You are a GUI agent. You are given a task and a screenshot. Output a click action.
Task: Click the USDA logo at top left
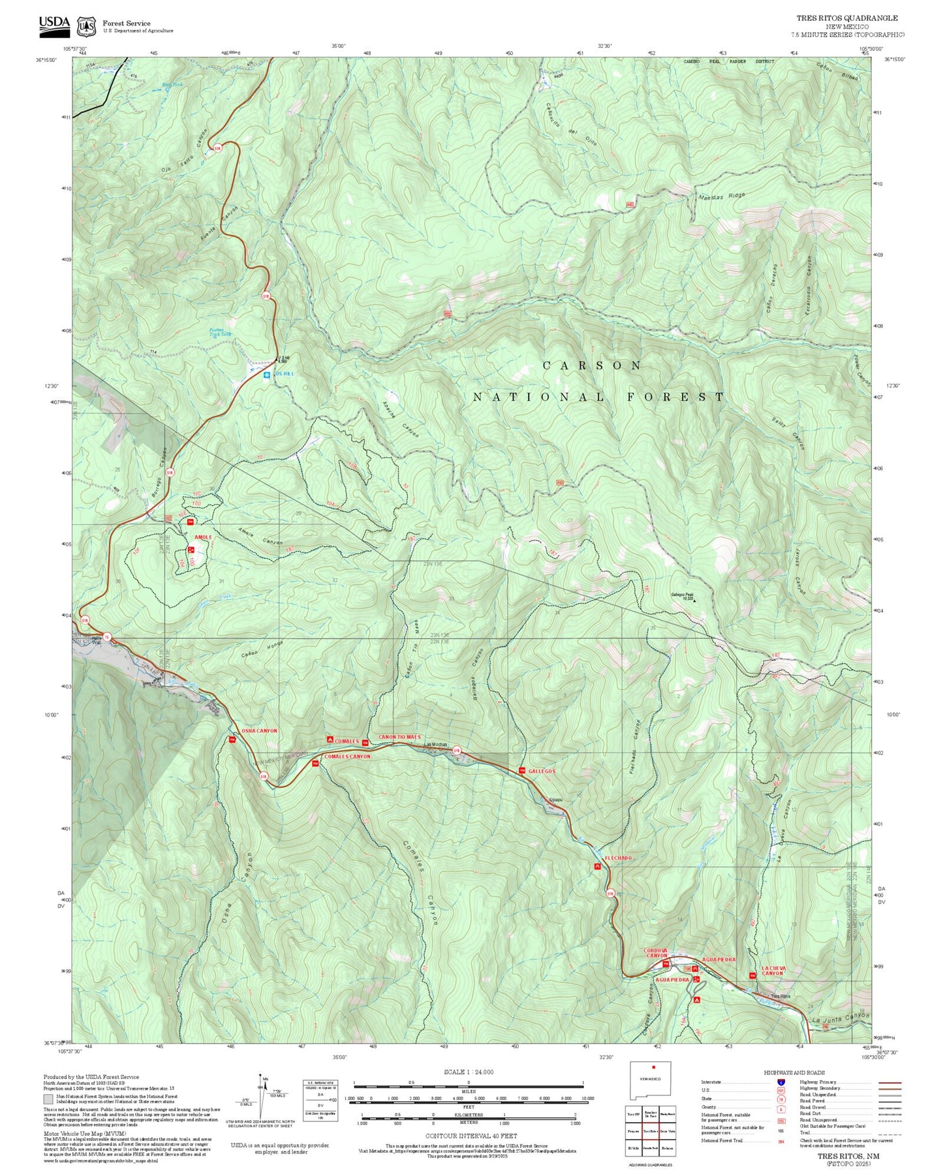point(54,23)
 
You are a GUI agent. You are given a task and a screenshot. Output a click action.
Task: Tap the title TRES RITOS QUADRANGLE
point(846,18)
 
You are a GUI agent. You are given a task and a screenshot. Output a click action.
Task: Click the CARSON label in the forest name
point(592,366)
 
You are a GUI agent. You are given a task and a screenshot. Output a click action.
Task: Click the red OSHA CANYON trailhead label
point(259,730)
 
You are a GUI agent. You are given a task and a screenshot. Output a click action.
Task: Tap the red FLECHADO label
point(618,858)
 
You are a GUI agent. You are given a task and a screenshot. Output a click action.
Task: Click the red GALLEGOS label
point(542,771)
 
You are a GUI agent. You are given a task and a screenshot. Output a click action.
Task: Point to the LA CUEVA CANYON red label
point(773,971)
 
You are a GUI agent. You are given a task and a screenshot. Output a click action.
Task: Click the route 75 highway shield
point(108,636)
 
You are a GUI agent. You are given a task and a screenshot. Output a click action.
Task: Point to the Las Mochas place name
point(436,745)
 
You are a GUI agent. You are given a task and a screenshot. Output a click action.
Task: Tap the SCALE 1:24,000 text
point(468,1072)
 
